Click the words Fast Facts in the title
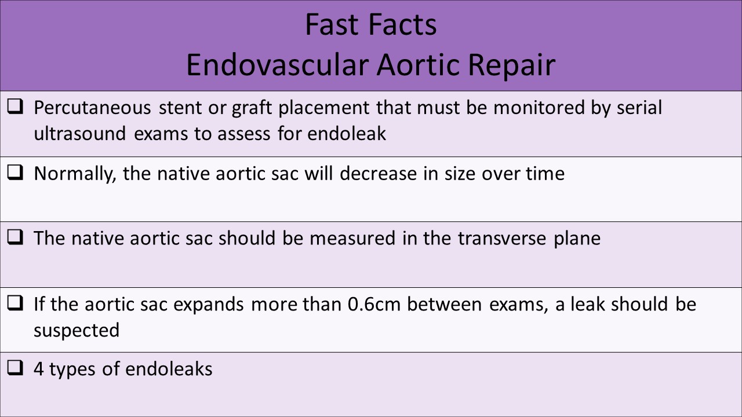[370, 25]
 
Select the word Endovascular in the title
[276, 65]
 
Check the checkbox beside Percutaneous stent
[16, 108]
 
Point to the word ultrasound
[79, 134]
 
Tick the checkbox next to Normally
[16, 173]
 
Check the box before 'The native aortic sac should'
[16, 238]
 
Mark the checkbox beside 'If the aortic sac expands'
[16, 303]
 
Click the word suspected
[76, 330]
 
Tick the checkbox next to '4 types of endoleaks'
[16, 368]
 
